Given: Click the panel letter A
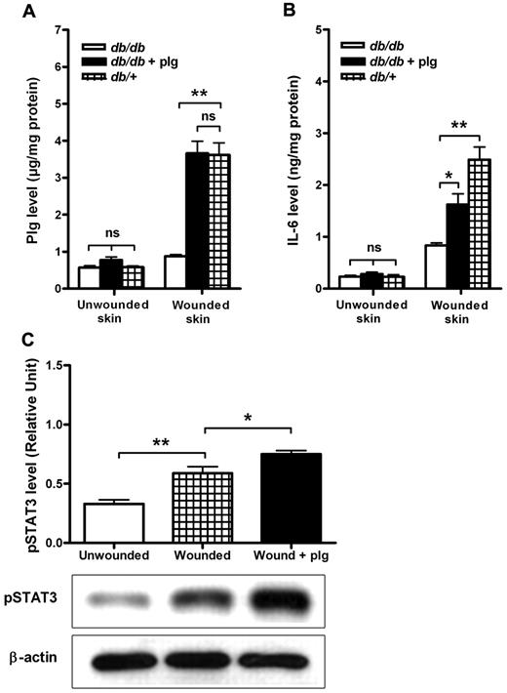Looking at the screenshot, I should [x=13, y=11].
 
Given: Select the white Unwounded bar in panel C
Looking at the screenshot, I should [x=115, y=522].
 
